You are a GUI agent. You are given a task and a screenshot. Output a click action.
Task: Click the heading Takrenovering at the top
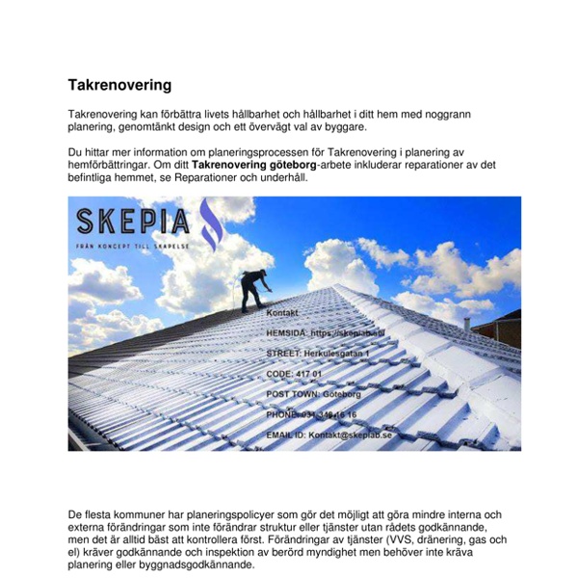click(119, 85)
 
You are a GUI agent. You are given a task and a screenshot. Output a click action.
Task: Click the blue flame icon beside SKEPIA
click(209, 224)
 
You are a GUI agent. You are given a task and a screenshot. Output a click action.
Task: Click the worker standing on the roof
click(253, 288)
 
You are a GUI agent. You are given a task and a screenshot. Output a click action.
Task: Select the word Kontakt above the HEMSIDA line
click(283, 313)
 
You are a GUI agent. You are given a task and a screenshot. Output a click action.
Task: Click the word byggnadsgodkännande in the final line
click(192, 565)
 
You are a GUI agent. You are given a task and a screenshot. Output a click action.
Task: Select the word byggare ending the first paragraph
click(342, 126)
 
